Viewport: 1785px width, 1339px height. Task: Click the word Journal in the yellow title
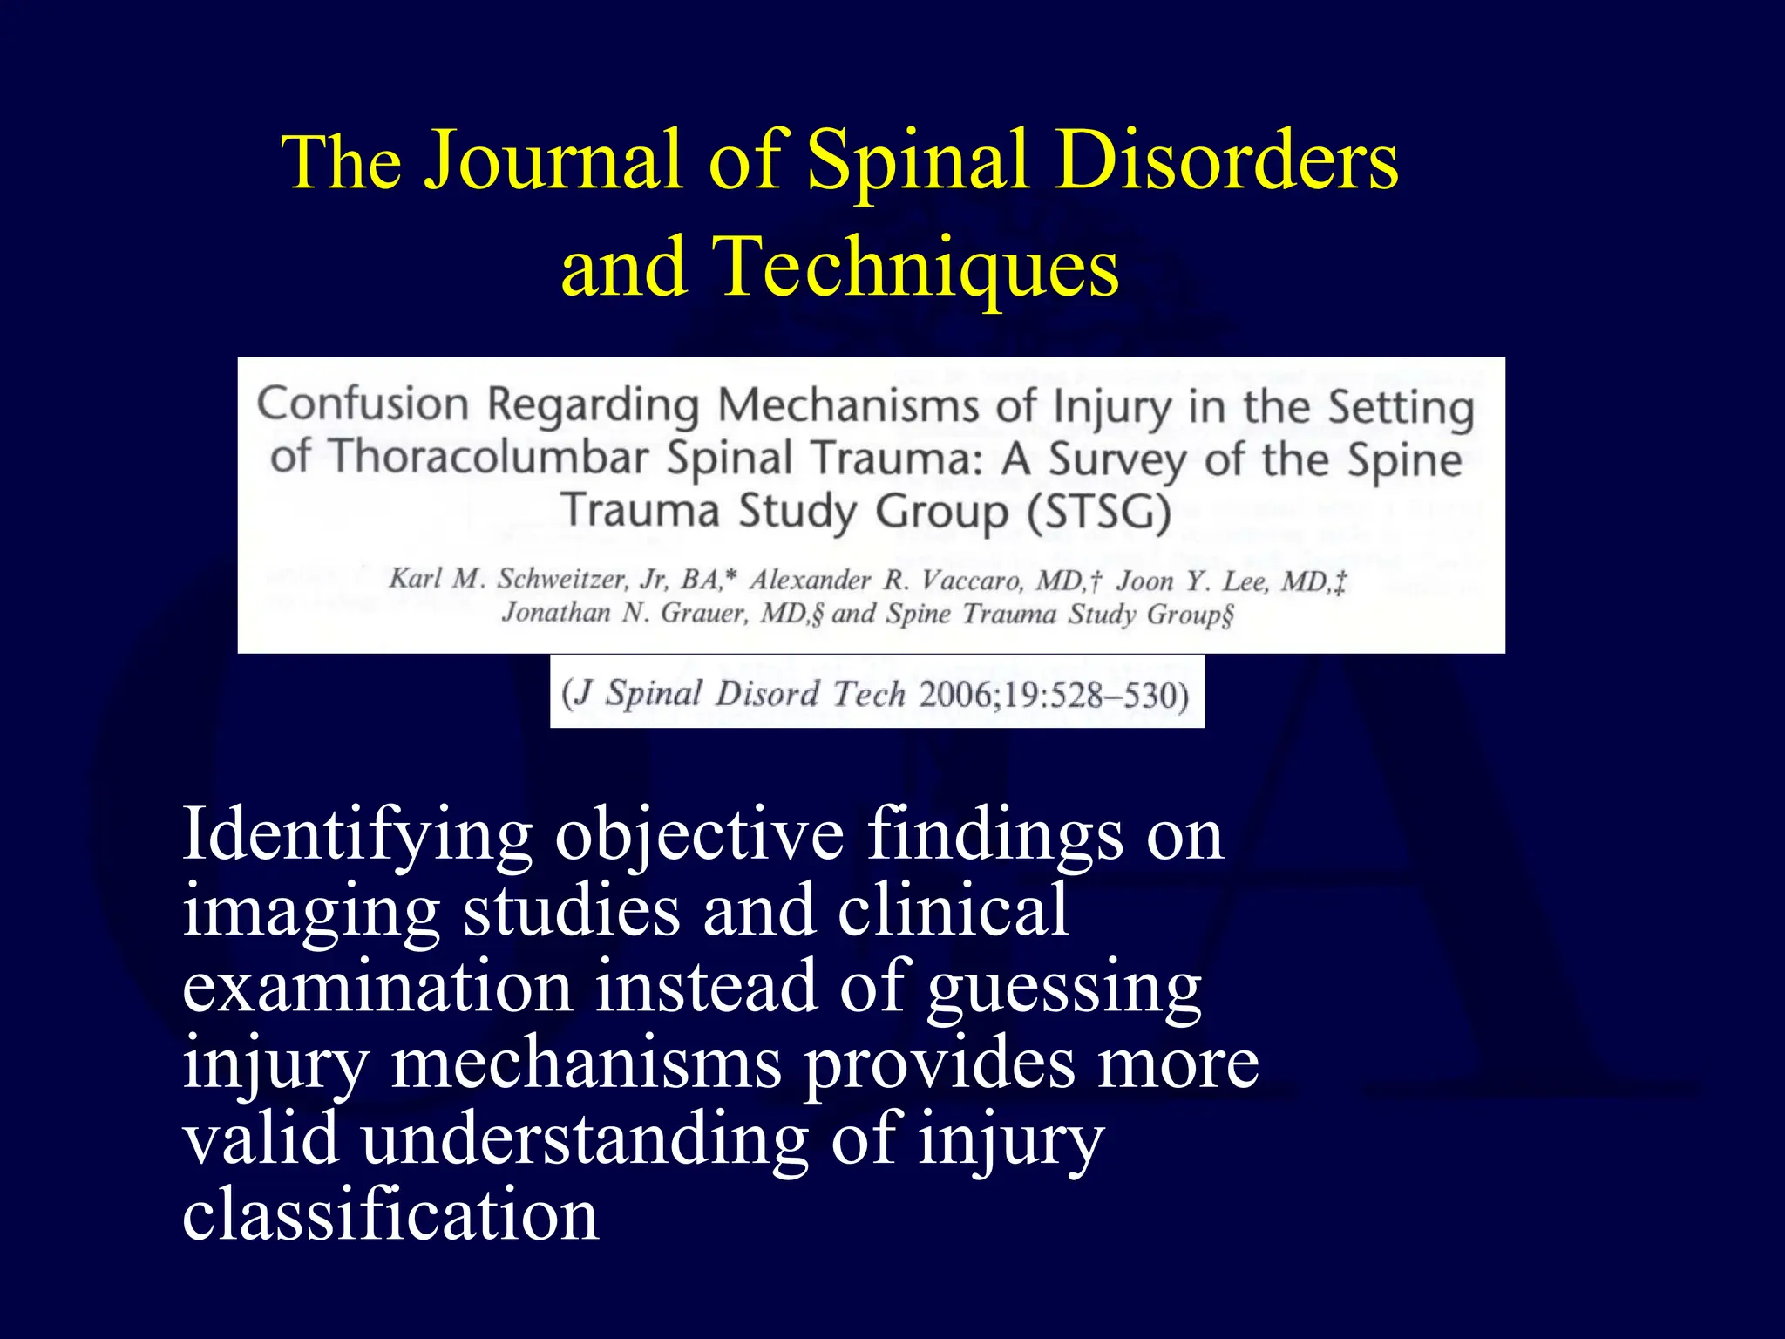pyautogui.click(x=553, y=160)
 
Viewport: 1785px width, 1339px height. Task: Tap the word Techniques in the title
pyautogui.click(x=915, y=267)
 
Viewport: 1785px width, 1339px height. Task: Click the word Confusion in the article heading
pyautogui.click(x=363, y=404)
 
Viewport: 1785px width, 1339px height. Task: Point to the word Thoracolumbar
pyautogui.click(x=490, y=457)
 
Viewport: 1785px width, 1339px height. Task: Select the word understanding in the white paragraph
pyautogui.click(x=585, y=1140)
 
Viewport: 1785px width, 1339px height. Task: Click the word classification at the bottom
pyautogui.click(x=390, y=1215)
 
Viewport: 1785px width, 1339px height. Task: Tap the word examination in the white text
pyautogui.click(x=377, y=988)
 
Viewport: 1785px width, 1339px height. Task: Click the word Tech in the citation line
pyautogui.click(x=869, y=695)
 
